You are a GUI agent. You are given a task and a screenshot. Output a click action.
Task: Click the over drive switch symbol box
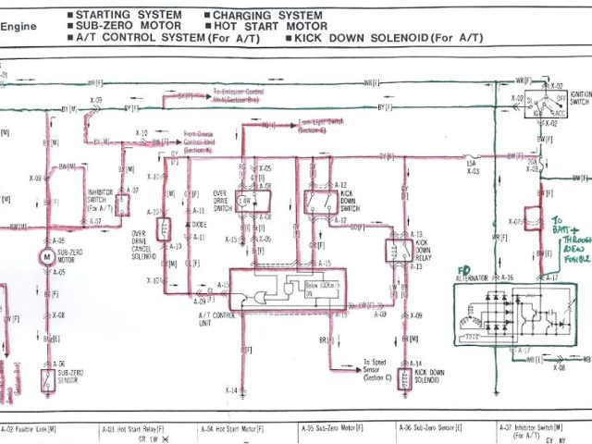[246, 201]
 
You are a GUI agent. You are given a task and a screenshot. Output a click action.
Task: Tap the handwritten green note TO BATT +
[566, 226]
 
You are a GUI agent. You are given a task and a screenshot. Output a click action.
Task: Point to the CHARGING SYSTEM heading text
[267, 16]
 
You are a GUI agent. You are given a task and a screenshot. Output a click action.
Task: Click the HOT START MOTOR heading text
[264, 27]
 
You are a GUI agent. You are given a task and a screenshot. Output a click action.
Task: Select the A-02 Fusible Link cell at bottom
[28, 430]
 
